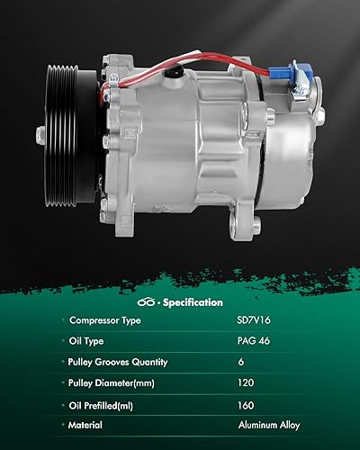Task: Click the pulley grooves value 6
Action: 239,362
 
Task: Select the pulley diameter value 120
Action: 245,382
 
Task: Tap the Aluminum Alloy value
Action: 269,425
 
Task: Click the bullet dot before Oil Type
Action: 63,341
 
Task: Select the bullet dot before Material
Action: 63,425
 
